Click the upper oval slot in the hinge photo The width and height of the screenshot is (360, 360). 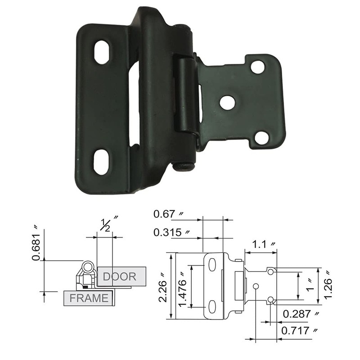point(102,53)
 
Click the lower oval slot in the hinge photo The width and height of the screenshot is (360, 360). point(101,162)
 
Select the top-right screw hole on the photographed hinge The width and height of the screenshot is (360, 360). point(257,67)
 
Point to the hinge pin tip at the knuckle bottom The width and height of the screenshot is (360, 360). point(184,167)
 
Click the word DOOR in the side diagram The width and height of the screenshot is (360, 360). point(119,276)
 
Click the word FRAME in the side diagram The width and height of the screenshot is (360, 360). point(89,298)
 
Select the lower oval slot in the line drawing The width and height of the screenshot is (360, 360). point(212,307)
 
